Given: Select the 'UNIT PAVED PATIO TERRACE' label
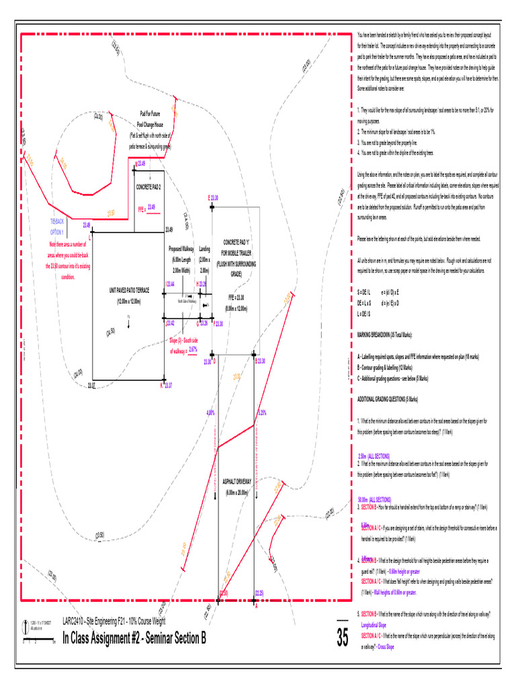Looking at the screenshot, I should [x=129, y=291].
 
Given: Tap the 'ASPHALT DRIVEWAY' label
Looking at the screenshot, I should [x=236, y=482].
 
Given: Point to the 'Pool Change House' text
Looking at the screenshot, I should [x=150, y=124].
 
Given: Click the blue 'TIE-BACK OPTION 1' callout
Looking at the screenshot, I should [x=57, y=226].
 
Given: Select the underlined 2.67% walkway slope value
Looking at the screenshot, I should [x=193, y=349].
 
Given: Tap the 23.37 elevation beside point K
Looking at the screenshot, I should [x=168, y=385].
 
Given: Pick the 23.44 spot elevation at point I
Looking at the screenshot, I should [x=171, y=284].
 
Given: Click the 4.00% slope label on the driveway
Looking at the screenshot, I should [x=210, y=413].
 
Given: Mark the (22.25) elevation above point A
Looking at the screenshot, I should [x=259, y=593].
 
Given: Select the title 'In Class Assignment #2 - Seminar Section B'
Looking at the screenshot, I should [x=134, y=638].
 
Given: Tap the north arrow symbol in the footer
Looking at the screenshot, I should [x=26, y=623].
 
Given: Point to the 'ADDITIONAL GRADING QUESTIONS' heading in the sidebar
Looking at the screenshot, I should [x=388, y=399].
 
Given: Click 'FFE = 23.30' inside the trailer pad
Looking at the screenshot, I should [x=236, y=296].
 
